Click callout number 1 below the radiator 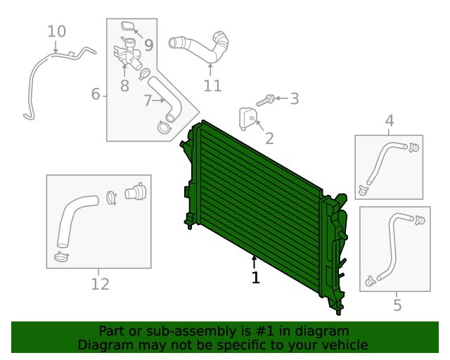[x=255, y=278]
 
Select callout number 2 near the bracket [x=269, y=139]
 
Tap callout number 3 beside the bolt [x=294, y=99]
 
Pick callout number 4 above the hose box [x=390, y=123]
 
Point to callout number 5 [x=397, y=305]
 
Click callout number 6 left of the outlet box [x=96, y=94]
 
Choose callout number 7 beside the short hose [x=147, y=101]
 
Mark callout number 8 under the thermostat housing [x=124, y=86]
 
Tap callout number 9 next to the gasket [x=148, y=46]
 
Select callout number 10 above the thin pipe [x=56, y=31]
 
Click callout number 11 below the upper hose [x=212, y=86]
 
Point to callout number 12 [x=100, y=284]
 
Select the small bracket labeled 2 [x=247, y=117]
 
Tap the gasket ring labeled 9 [x=128, y=27]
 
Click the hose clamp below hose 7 [x=165, y=127]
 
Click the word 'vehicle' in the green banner [x=345, y=345]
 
